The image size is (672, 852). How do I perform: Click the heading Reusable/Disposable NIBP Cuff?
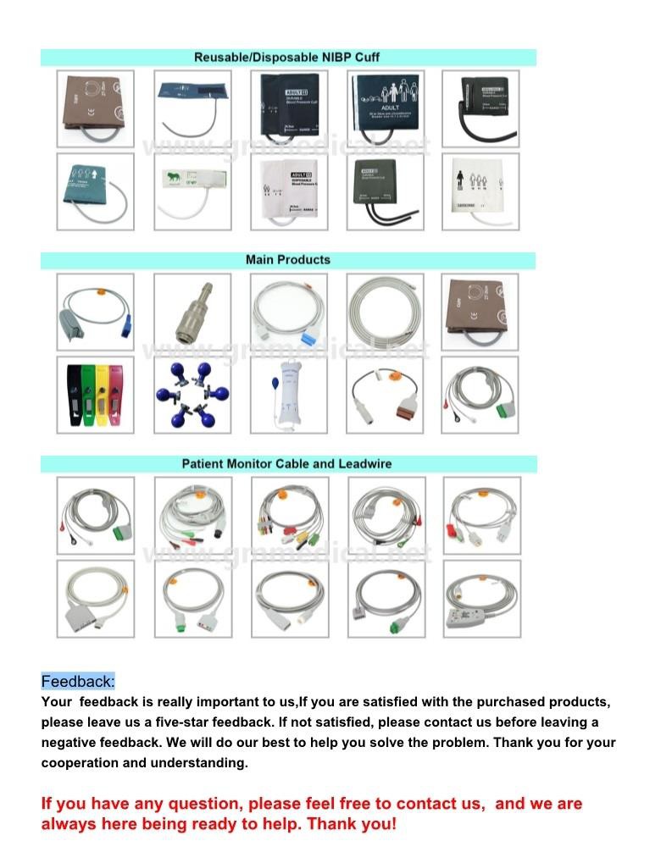(287, 58)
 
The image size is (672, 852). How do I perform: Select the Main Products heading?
(287, 260)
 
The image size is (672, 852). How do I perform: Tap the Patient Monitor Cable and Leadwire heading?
(287, 464)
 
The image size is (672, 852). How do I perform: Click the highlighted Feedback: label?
(78, 682)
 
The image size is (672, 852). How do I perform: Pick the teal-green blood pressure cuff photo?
(95, 192)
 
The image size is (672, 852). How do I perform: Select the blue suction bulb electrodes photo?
(192, 395)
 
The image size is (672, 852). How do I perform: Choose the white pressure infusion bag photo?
(289, 395)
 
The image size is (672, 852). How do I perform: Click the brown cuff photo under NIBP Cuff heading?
(95, 109)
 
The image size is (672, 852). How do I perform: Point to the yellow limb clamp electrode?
(102, 395)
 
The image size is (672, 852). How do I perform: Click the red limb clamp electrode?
(118, 395)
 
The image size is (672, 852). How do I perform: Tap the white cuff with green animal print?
(192, 192)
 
